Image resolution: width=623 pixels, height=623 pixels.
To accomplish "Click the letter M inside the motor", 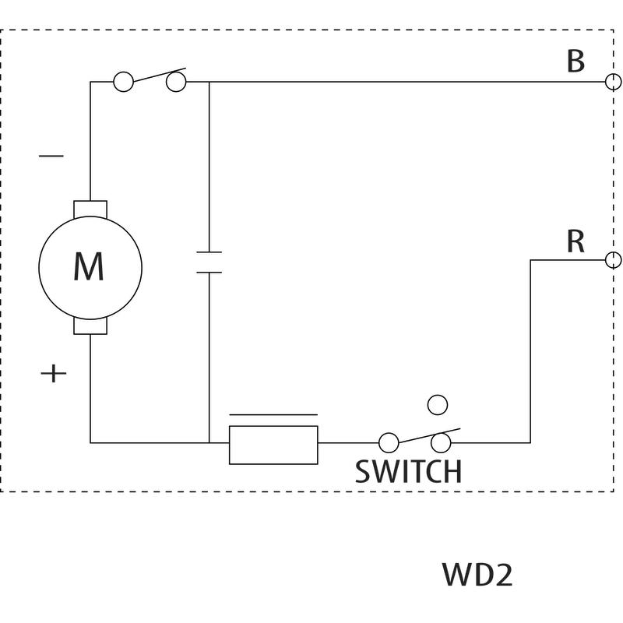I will (89, 267).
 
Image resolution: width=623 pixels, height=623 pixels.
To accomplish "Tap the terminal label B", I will (575, 61).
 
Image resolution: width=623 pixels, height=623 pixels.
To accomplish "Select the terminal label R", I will (575, 242).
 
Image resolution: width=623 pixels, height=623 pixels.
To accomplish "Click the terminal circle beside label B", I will (614, 81).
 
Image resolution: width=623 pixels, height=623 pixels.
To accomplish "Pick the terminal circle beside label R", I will (614, 259).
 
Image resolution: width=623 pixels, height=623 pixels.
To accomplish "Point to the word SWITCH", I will (408, 471).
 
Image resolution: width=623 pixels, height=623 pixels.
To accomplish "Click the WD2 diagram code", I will (477, 575).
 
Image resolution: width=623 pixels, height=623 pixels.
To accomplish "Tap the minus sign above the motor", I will (51, 156).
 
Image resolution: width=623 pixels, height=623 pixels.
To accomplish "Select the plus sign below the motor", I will (53, 374).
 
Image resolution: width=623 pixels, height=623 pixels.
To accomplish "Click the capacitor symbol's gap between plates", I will (209, 262).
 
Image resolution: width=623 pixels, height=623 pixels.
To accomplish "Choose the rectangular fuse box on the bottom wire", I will (273, 445).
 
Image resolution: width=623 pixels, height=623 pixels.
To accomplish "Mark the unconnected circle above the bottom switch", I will (438, 404).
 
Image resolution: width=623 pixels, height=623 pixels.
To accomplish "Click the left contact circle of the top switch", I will (123, 81).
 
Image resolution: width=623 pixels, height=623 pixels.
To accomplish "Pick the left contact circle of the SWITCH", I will (388, 443).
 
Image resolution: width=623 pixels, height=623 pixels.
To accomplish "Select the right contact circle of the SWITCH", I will (442, 443).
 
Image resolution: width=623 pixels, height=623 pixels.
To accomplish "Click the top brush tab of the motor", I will (90, 209).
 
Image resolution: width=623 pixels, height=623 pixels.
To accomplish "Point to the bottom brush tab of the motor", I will (90, 326).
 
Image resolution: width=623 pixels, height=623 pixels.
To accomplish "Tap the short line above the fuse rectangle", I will (273, 415).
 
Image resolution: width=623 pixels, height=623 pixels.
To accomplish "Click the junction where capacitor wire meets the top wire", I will (209, 81).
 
